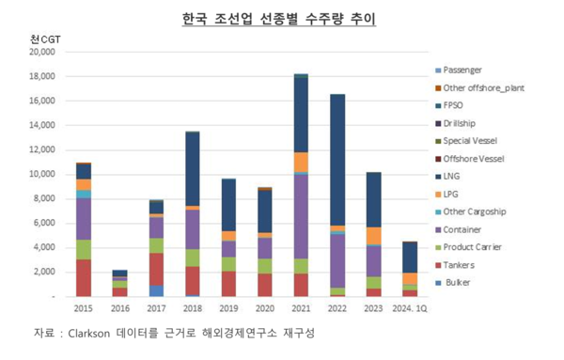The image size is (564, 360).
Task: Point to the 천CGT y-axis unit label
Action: [x=43, y=39]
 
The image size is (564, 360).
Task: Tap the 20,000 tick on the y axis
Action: [x=41, y=53]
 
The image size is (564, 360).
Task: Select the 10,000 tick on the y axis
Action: [x=41, y=175]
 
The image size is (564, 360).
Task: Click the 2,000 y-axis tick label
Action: [x=43, y=273]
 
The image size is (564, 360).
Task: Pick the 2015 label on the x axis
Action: [x=84, y=306]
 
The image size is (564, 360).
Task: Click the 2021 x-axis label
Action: [x=302, y=306]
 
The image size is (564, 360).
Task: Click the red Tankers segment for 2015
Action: [x=84, y=277]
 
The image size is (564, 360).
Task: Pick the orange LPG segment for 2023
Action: [x=373, y=236]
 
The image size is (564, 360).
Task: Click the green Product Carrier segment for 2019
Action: [x=228, y=264]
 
